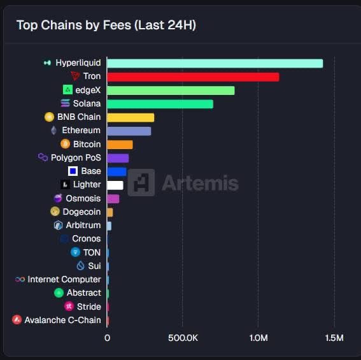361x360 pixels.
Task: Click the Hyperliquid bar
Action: point(215,63)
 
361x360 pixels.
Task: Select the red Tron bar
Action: point(193,76)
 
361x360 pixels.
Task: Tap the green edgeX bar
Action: point(171,90)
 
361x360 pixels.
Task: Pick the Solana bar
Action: point(160,104)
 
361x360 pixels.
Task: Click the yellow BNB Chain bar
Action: point(131,117)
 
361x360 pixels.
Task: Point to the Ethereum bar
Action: point(129,131)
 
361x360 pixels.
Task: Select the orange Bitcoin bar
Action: point(120,145)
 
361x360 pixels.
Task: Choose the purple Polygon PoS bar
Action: point(118,158)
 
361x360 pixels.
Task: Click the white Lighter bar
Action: point(115,185)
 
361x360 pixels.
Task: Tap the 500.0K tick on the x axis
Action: point(183,338)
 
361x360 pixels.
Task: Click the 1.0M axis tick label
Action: point(258,338)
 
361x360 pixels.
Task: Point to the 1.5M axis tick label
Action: point(334,338)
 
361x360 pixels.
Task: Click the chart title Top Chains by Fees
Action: point(106,25)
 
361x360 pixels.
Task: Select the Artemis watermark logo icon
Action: point(141,183)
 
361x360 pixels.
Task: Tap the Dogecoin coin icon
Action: point(55,212)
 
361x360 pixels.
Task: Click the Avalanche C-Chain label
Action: point(62,320)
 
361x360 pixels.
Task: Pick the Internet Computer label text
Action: point(64,279)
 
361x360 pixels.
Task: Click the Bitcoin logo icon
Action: point(65,144)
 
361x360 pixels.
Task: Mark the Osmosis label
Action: point(83,198)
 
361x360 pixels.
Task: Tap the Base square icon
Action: point(73,171)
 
